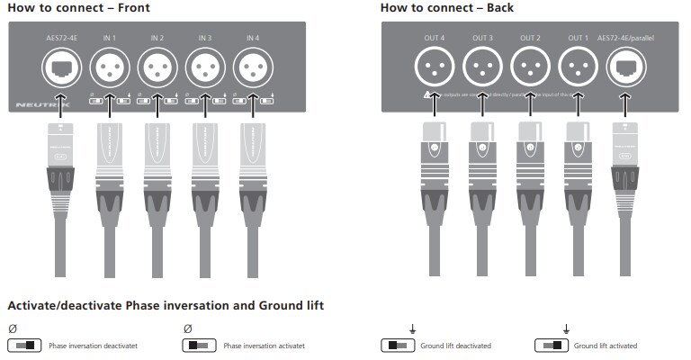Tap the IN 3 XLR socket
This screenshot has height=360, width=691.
pos(205,66)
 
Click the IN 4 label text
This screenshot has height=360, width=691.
pos(252,38)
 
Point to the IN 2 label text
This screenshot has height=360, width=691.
pos(157,38)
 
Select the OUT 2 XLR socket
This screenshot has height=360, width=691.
pos(530,66)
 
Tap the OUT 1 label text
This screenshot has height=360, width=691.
pos(577,38)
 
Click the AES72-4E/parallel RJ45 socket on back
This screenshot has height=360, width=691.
pos(625,66)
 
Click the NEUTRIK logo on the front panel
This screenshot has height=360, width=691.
pos(36,105)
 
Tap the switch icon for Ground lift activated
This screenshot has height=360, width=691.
pos(552,346)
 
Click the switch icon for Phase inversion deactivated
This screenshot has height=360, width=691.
pos(24,346)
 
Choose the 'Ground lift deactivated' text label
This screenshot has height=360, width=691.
pos(455,346)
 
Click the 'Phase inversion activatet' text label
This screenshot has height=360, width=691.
pos(264,346)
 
